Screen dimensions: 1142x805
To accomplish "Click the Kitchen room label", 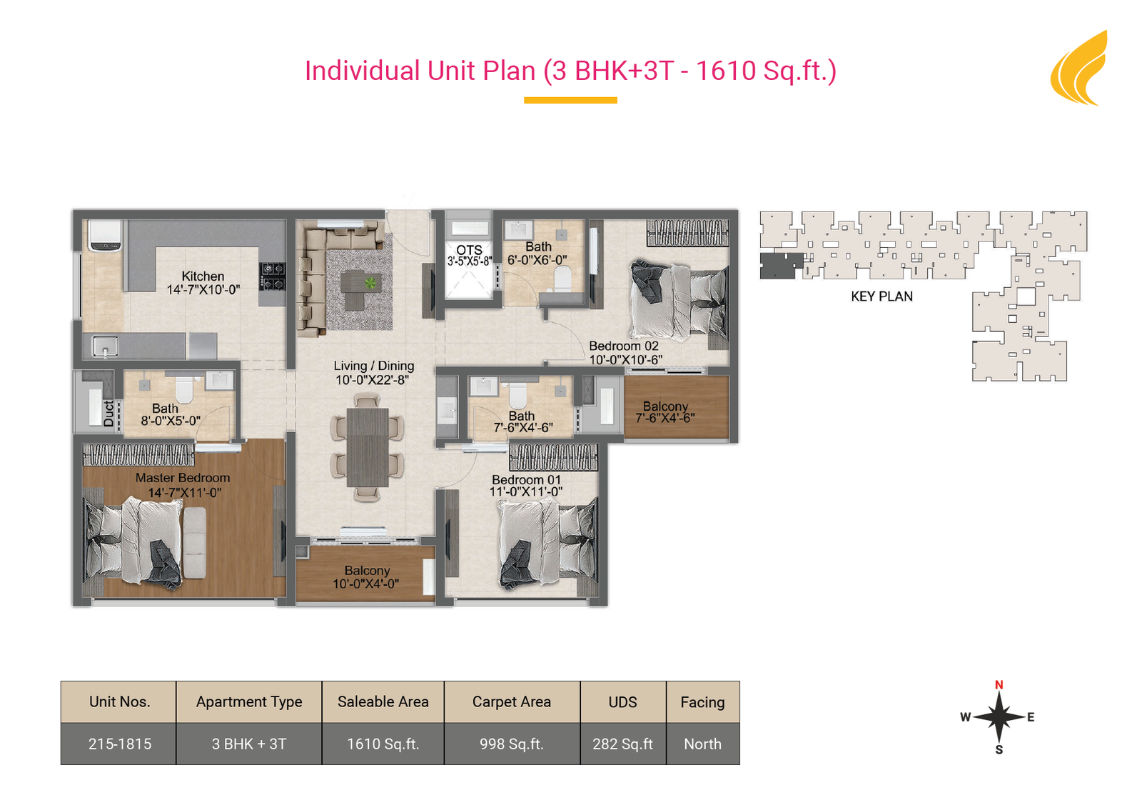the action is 203,276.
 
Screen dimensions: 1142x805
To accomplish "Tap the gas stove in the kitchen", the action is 272,276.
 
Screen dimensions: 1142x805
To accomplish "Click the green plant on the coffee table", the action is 370,282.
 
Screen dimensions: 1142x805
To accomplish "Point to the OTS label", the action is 469,250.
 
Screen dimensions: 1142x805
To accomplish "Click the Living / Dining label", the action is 374,366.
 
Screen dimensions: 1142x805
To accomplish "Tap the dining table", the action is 368,447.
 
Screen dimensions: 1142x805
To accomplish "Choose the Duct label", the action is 108,413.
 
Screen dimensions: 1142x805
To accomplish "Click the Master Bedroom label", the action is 183,478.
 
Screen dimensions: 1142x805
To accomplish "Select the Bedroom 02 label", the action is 624,346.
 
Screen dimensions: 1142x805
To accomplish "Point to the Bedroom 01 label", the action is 526,480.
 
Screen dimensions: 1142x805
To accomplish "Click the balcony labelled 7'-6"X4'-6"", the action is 677,408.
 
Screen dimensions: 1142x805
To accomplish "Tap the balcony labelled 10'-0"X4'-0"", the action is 365,574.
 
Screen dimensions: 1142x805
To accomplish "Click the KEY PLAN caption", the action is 882,296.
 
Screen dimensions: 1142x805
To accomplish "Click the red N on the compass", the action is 999,685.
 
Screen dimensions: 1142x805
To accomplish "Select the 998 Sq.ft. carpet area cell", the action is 512,744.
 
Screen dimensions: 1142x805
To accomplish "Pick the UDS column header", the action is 622,702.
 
